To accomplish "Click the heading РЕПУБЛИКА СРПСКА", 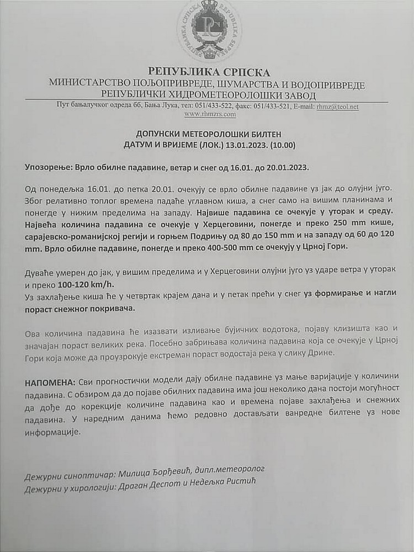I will pyautogui.click(x=209, y=72).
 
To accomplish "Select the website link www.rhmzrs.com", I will pyautogui.click(x=210, y=114).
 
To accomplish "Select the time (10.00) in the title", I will pyautogui.click(x=285, y=145).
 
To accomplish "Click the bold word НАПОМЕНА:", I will pyautogui.click(x=49, y=383).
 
